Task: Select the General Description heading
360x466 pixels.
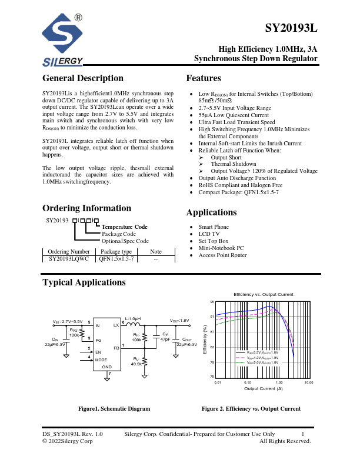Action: [83, 78]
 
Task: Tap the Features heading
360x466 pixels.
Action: [204, 78]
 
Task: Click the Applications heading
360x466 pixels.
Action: [211, 212]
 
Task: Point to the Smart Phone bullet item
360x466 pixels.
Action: [214, 227]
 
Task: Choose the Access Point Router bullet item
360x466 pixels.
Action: [222, 255]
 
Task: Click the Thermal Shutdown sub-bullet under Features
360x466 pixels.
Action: [234, 164]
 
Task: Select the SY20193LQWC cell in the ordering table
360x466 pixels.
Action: [69, 258]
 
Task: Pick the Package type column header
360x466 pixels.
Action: [116, 251]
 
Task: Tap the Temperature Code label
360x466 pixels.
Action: [125, 227]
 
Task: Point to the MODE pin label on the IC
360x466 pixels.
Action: [101, 360]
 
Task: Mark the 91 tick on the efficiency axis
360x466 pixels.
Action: [212, 317]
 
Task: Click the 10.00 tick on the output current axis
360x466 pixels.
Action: [309, 382]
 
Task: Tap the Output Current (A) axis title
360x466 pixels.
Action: [263, 389]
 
